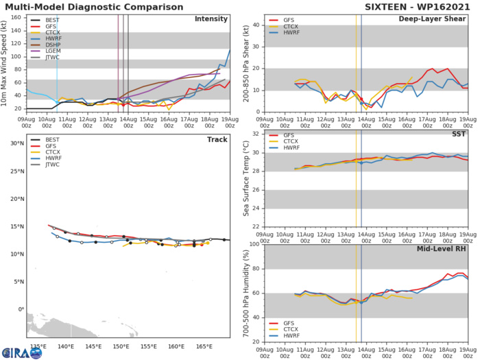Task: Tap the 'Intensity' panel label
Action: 211,19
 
